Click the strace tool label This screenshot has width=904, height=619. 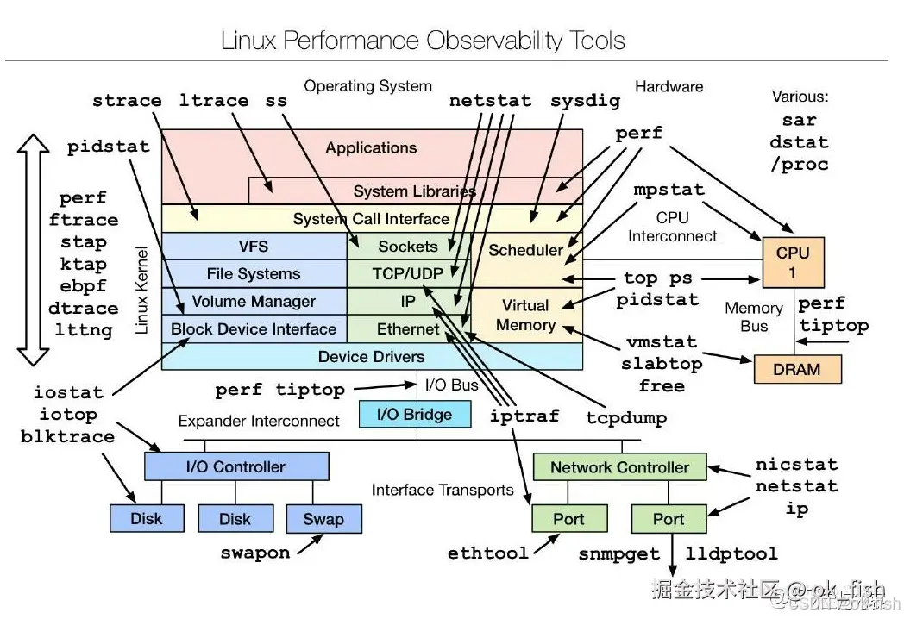tap(127, 101)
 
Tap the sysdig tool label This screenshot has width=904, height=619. tap(585, 101)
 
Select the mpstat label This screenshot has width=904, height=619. tap(669, 190)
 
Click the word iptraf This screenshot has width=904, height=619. tap(524, 416)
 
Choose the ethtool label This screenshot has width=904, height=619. tap(487, 553)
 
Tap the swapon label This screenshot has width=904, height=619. tap(254, 553)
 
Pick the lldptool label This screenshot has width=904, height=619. tap(731, 553)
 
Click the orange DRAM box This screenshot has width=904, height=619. tap(797, 369)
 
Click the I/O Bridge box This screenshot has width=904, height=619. tap(415, 414)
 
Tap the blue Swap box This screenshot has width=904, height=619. tap(323, 519)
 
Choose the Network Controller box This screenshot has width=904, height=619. tap(619, 467)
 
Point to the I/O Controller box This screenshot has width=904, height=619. tap(235, 466)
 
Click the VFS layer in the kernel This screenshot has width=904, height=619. tap(254, 246)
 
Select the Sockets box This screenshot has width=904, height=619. tap(408, 247)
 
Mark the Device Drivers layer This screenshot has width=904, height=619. tap(371, 356)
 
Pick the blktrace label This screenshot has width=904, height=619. tap(67, 437)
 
